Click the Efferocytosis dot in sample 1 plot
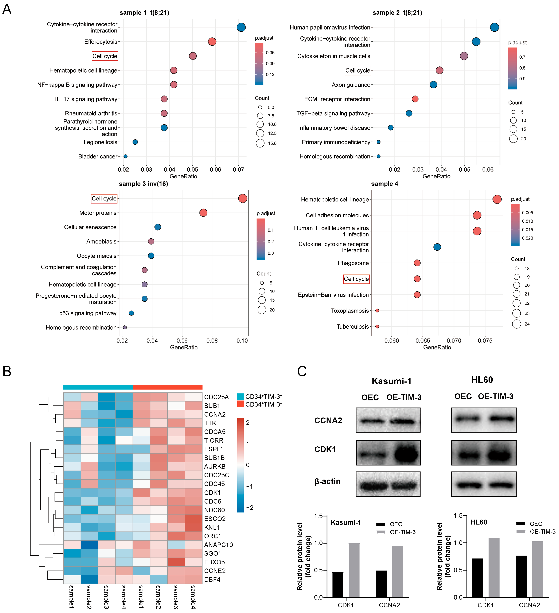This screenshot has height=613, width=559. click(212, 42)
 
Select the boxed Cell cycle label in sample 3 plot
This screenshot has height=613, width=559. click(104, 199)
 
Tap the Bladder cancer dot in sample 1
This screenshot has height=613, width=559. click(125, 156)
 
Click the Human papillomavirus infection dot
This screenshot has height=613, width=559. click(494, 27)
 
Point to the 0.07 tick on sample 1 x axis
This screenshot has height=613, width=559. click(239, 169)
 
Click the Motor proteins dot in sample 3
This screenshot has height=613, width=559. click(203, 213)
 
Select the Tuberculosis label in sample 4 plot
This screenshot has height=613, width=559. click(352, 326)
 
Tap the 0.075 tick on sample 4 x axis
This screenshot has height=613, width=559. click(485, 341)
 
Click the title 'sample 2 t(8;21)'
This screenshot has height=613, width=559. click(397, 13)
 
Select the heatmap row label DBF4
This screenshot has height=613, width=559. click(212, 580)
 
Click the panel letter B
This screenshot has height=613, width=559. click(7, 372)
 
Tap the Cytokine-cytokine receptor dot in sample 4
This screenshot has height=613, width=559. click(437, 247)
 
